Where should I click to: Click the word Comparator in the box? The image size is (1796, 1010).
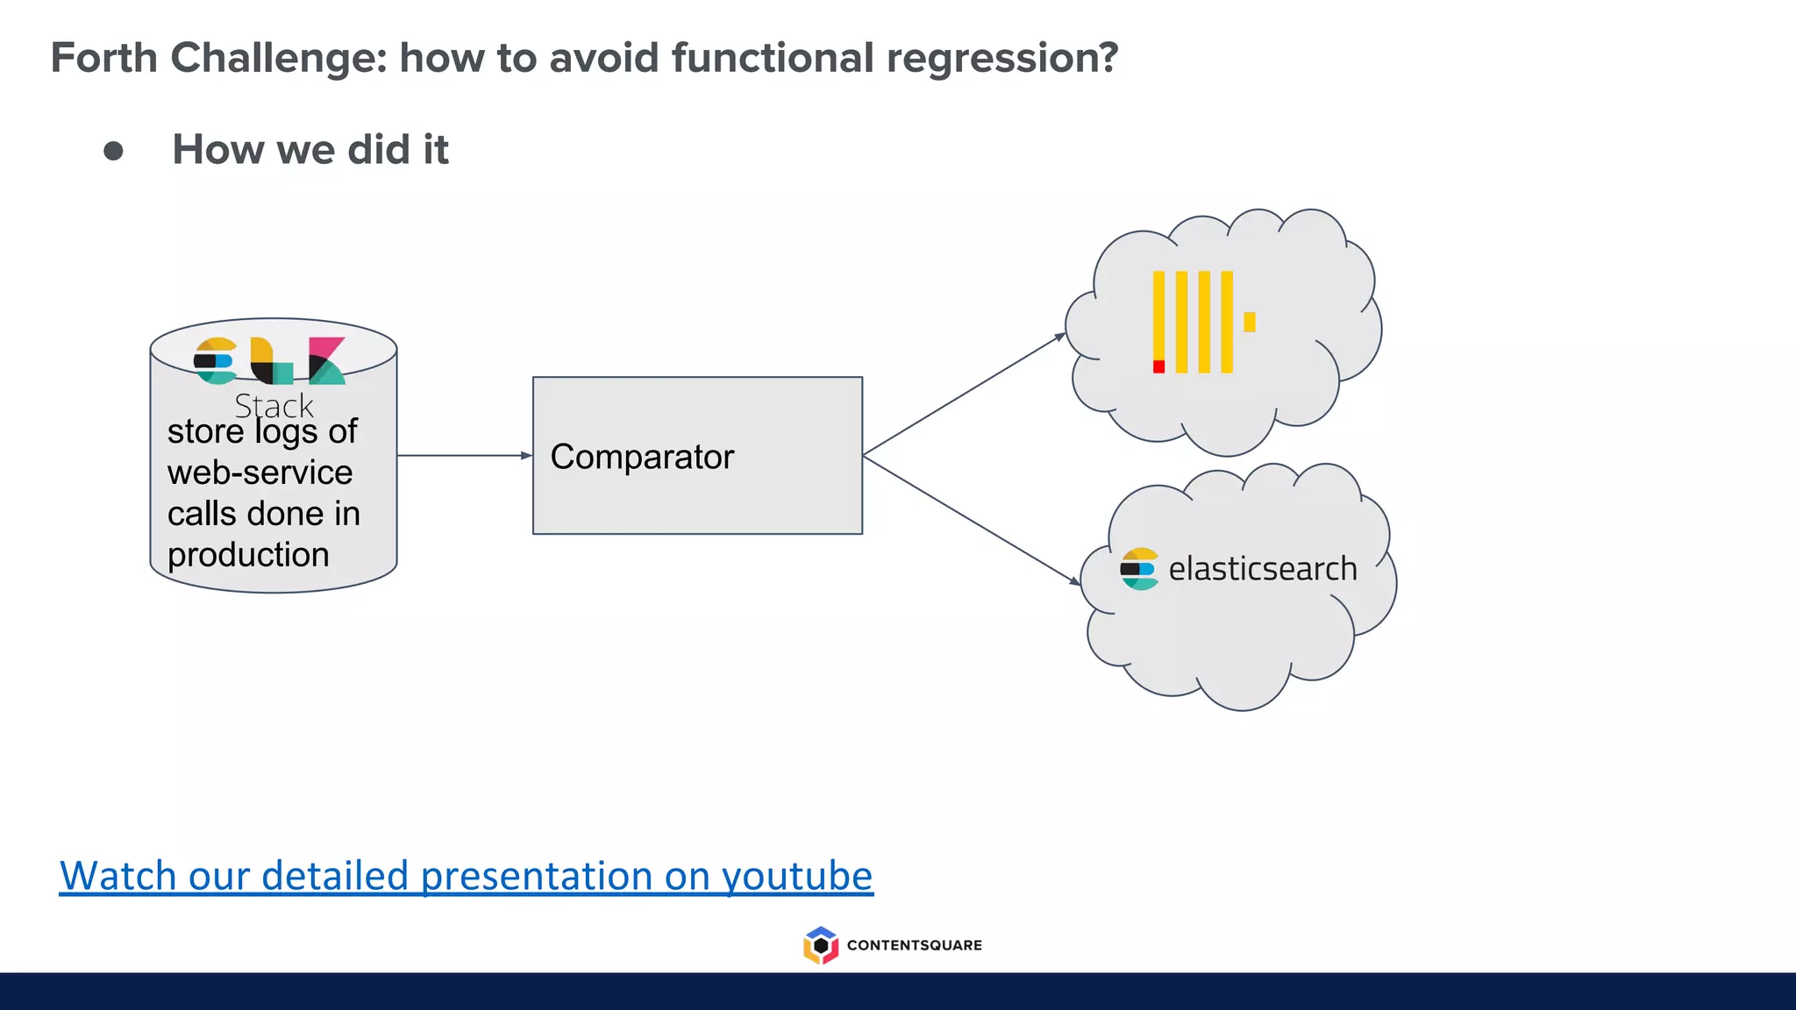(x=642, y=457)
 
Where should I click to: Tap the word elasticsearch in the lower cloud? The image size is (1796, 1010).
(x=1262, y=569)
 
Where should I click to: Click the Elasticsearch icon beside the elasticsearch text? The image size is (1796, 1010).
(x=1138, y=569)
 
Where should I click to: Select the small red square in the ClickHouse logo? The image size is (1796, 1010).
(x=1158, y=366)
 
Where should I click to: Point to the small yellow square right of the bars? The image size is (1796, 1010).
(x=1249, y=322)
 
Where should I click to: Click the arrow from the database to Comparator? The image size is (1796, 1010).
(x=464, y=455)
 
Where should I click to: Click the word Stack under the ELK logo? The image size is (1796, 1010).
(x=274, y=406)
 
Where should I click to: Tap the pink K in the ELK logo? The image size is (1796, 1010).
(x=326, y=360)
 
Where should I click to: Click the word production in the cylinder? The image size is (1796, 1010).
(x=248, y=555)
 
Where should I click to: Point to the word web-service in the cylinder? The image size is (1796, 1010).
(x=260, y=473)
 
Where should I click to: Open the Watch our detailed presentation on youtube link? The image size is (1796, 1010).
(x=466, y=876)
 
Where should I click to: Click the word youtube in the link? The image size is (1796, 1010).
(x=797, y=876)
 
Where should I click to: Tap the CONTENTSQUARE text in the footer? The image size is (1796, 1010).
(x=914, y=945)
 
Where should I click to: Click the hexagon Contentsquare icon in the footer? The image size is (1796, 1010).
(x=821, y=945)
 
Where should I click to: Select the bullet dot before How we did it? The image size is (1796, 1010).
(x=113, y=151)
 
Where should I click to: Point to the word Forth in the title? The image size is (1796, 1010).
(x=104, y=58)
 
